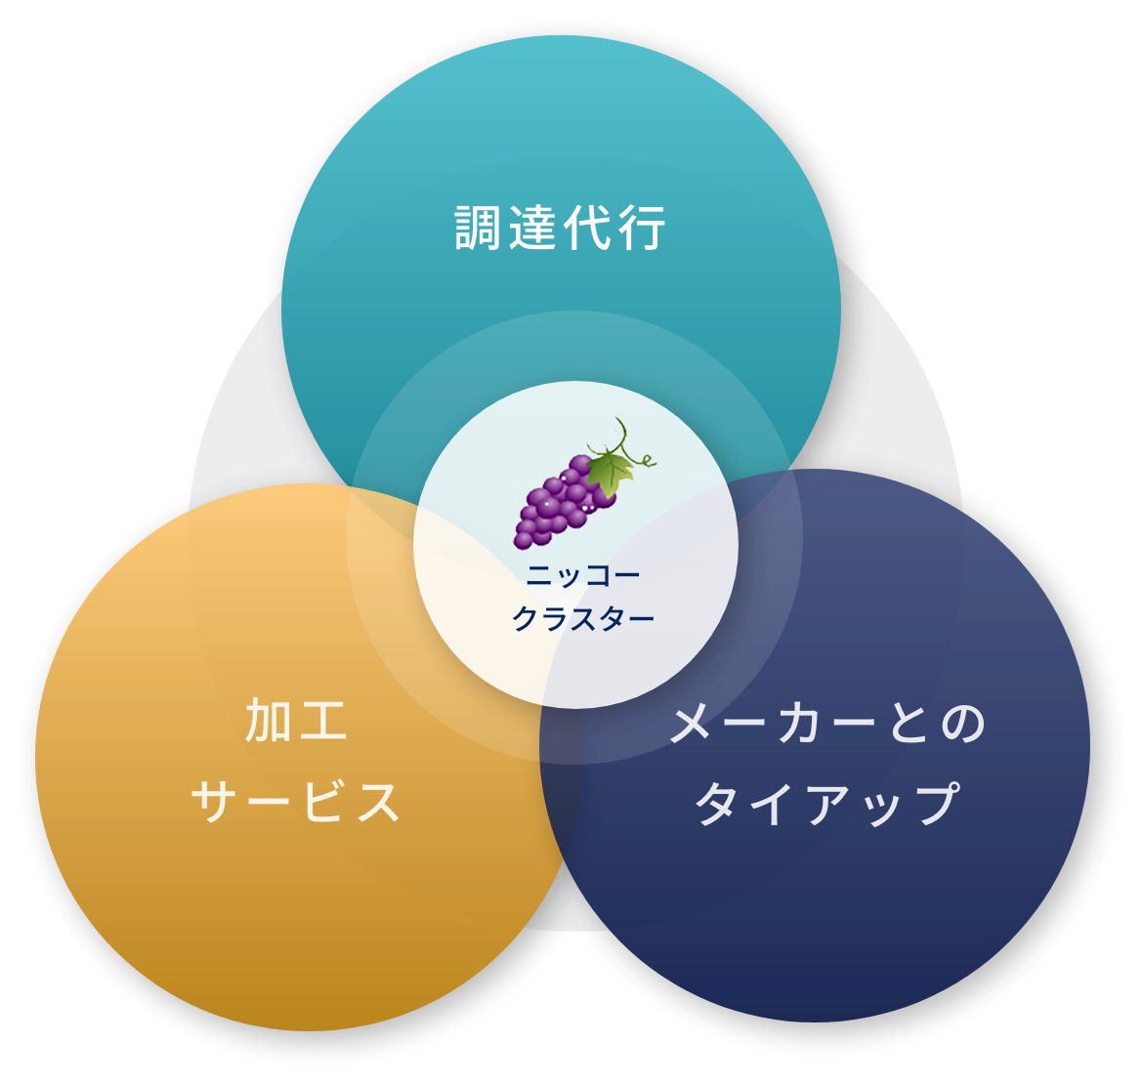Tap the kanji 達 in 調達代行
(x=533, y=229)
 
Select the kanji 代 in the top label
(x=588, y=229)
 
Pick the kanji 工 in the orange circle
(x=323, y=722)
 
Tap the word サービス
(x=295, y=803)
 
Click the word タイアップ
(x=826, y=805)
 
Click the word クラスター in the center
(x=583, y=619)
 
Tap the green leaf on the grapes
(x=611, y=471)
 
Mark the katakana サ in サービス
(x=216, y=803)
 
